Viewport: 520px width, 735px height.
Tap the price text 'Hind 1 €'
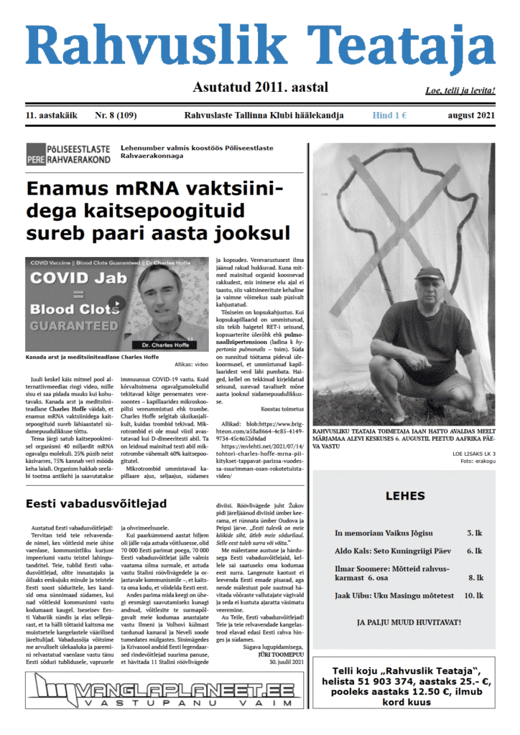click(390, 115)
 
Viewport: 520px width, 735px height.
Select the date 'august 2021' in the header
click(467, 115)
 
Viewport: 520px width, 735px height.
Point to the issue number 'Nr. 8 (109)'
click(117, 115)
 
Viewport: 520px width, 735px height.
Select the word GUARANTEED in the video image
click(70, 326)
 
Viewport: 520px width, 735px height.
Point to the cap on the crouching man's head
click(430, 273)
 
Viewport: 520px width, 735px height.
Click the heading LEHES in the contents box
click(405, 495)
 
